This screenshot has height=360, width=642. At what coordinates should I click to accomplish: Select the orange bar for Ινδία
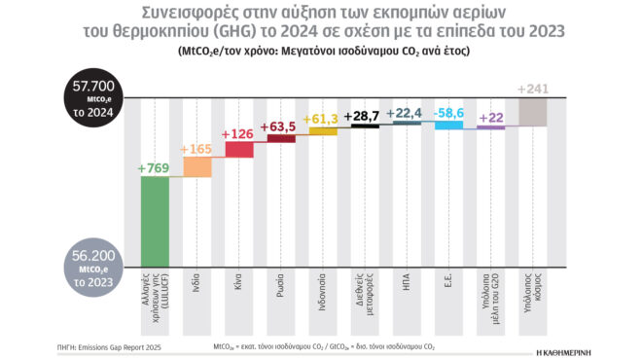197,167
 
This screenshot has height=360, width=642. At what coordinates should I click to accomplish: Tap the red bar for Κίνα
239,149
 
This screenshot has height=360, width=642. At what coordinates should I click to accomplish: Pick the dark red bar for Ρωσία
281,138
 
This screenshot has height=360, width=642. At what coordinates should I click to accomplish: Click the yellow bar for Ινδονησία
323,131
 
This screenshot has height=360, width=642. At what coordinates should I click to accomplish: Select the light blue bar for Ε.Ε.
448,125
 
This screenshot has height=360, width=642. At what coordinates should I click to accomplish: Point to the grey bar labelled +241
532,112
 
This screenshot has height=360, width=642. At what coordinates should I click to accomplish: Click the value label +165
197,149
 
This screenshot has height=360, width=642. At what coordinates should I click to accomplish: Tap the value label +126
239,133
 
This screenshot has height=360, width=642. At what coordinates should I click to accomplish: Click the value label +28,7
365,116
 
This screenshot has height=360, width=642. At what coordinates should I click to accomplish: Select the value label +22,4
407,113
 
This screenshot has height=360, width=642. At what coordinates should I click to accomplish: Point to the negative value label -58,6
448,113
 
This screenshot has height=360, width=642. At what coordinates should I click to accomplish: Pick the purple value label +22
491,118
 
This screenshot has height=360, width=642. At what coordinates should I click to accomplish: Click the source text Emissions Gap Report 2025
123,346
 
